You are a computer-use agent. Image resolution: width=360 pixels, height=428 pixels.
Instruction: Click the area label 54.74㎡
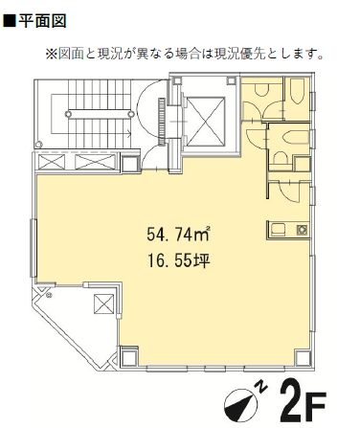pyautogui.click(x=178, y=234)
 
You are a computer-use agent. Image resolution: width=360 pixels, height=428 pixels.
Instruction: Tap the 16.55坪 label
pyautogui.click(x=178, y=261)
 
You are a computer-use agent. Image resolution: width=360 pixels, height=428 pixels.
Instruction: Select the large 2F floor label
pyautogui.click(x=303, y=400)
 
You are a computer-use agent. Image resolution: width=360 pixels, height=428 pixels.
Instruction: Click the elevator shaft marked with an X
pyautogui.click(x=206, y=122)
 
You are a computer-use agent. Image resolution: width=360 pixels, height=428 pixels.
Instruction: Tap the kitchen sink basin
pyautogui.click(x=277, y=230)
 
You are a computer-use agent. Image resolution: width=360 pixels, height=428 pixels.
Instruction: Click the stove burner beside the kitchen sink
pyautogui.click(x=302, y=230)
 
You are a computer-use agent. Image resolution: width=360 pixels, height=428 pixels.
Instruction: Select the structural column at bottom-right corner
pyautogui.click(x=303, y=358)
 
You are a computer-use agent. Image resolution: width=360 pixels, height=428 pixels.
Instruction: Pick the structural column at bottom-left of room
pyautogui.click(x=129, y=355)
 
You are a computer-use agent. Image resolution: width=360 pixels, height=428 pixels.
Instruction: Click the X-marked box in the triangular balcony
pyautogui.click(x=103, y=304)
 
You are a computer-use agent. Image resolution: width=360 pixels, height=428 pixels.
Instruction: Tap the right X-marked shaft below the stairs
pyautogui.click(x=96, y=162)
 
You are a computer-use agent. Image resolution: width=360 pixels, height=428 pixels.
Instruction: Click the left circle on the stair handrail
pyautogui.click(x=68, y=114)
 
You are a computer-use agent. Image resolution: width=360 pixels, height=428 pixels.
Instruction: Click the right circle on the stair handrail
pyautogui.click(x=130, y=114)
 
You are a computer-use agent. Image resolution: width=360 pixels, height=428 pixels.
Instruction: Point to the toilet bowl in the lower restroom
pyautogui.click(x=280, y=158)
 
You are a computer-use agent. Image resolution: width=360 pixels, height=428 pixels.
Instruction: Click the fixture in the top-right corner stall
pyautogui.click(x=297, y=91)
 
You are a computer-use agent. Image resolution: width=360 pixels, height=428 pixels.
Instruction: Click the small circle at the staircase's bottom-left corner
pyautogui.click(x=39, y=145)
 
